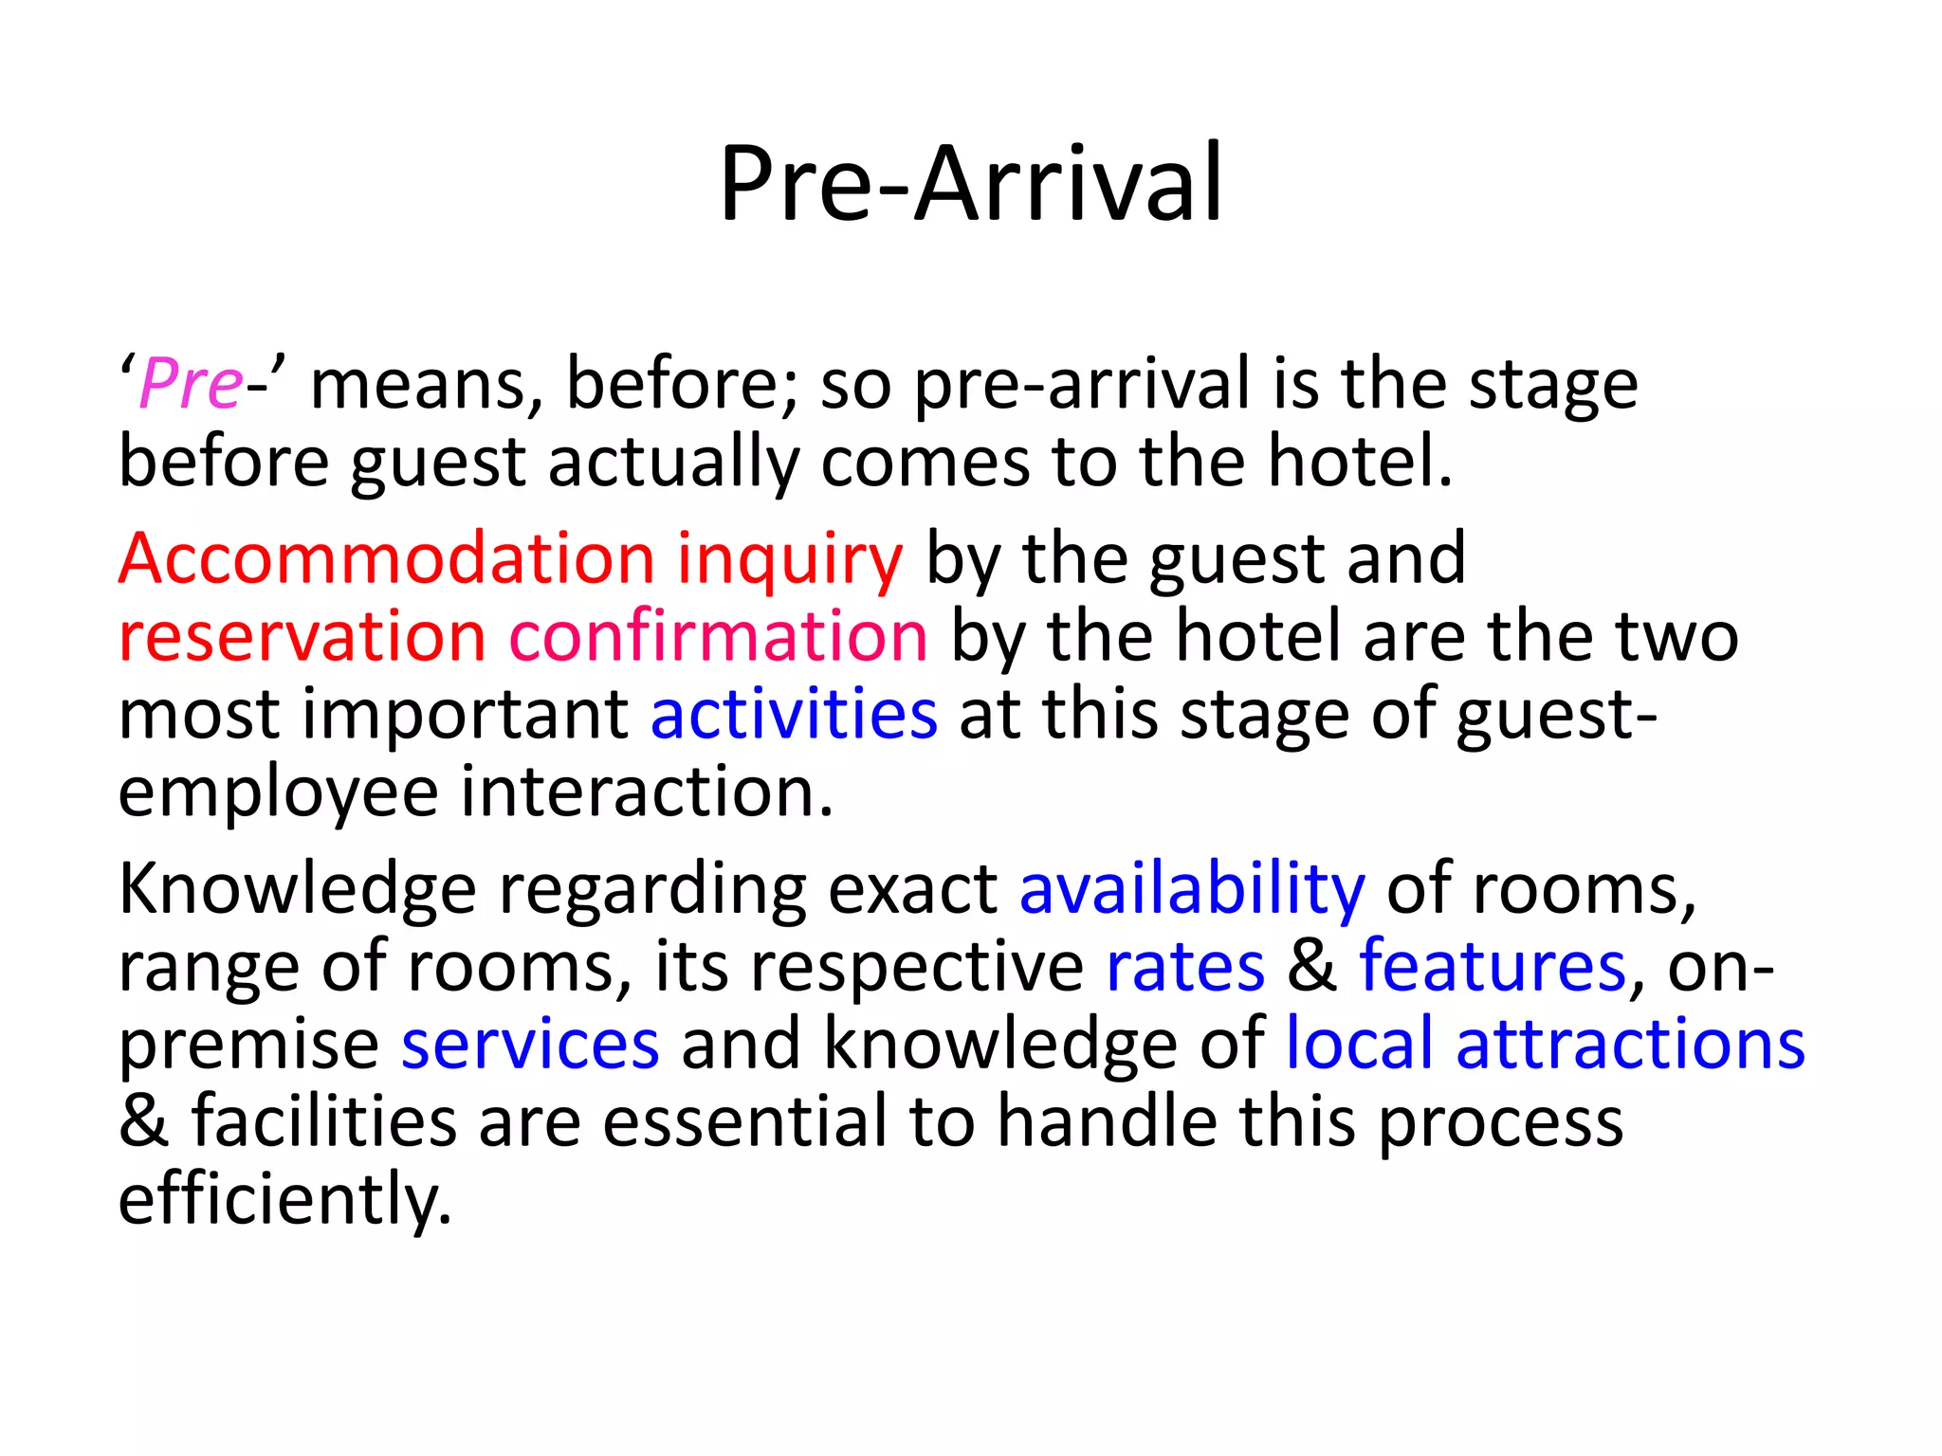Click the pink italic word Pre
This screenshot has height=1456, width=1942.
191,384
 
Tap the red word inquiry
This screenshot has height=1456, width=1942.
790,559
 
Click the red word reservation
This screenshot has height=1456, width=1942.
302,636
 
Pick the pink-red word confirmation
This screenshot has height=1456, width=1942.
719,636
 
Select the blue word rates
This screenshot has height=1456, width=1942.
1185,967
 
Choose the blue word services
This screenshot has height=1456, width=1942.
530,1045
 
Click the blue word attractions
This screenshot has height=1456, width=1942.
1630,1045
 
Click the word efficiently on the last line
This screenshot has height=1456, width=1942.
284,1200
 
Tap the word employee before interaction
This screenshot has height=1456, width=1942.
278,793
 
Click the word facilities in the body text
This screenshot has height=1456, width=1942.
324,1122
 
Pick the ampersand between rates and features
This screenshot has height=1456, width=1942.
1312,967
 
